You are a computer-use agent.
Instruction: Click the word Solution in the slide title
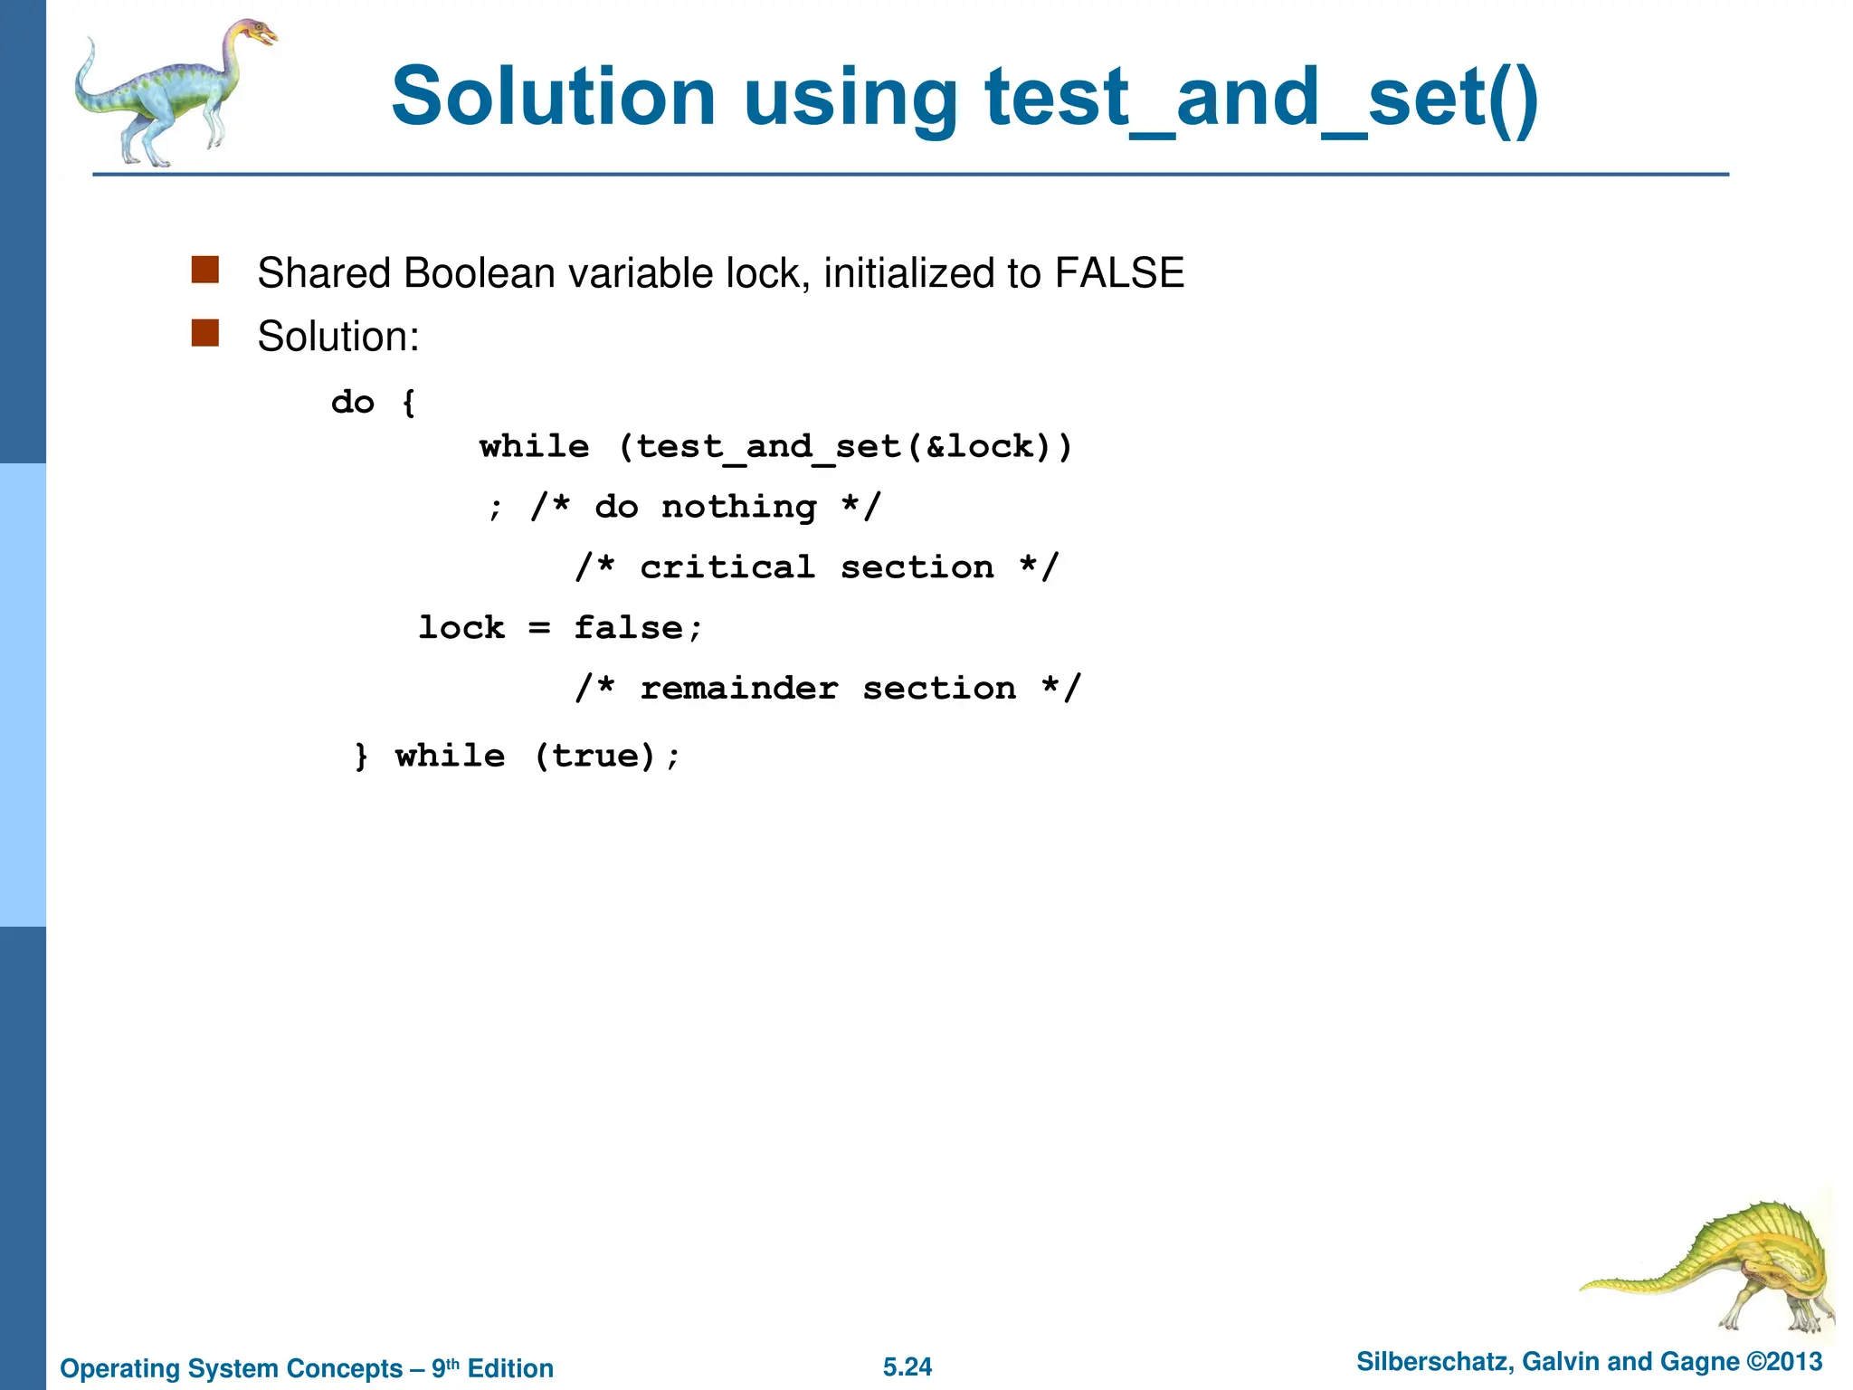coord(553,97)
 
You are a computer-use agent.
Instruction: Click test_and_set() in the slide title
coord(1261,99)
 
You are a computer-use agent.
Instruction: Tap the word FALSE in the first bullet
coord(1119,273)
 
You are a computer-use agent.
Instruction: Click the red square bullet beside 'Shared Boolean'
coord(205,271)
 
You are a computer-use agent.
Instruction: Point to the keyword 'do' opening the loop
coord(353,402)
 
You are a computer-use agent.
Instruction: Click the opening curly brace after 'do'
coord(409,403)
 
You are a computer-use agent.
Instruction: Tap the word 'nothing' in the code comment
coord(738,507)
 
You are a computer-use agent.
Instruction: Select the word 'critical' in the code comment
coord(727,567)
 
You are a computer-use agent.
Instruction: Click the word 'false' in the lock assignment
coord(629,628)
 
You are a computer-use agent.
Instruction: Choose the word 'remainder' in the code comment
coord(738,689)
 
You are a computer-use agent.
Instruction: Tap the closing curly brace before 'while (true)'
coord(362,756)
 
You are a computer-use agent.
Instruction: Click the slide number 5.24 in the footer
coord(907,1366)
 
